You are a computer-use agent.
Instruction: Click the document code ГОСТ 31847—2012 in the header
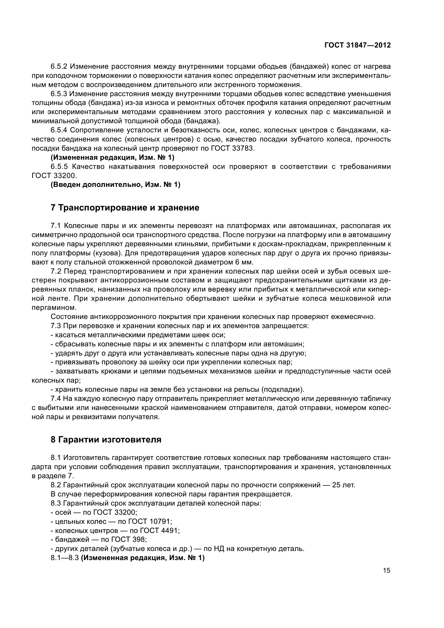click(357, 45)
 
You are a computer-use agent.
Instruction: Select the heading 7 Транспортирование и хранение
click(125, 208)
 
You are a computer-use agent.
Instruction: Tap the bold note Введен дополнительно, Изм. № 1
click(115, 185)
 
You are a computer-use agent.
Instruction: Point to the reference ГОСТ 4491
click(159, 530)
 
